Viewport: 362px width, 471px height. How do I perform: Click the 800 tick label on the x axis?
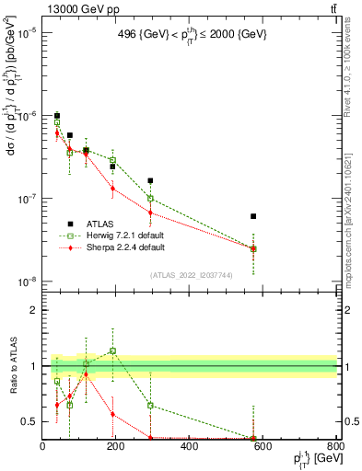336,447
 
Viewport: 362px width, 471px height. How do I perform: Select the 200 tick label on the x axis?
116,447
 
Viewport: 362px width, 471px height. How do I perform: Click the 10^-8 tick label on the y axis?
26,281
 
